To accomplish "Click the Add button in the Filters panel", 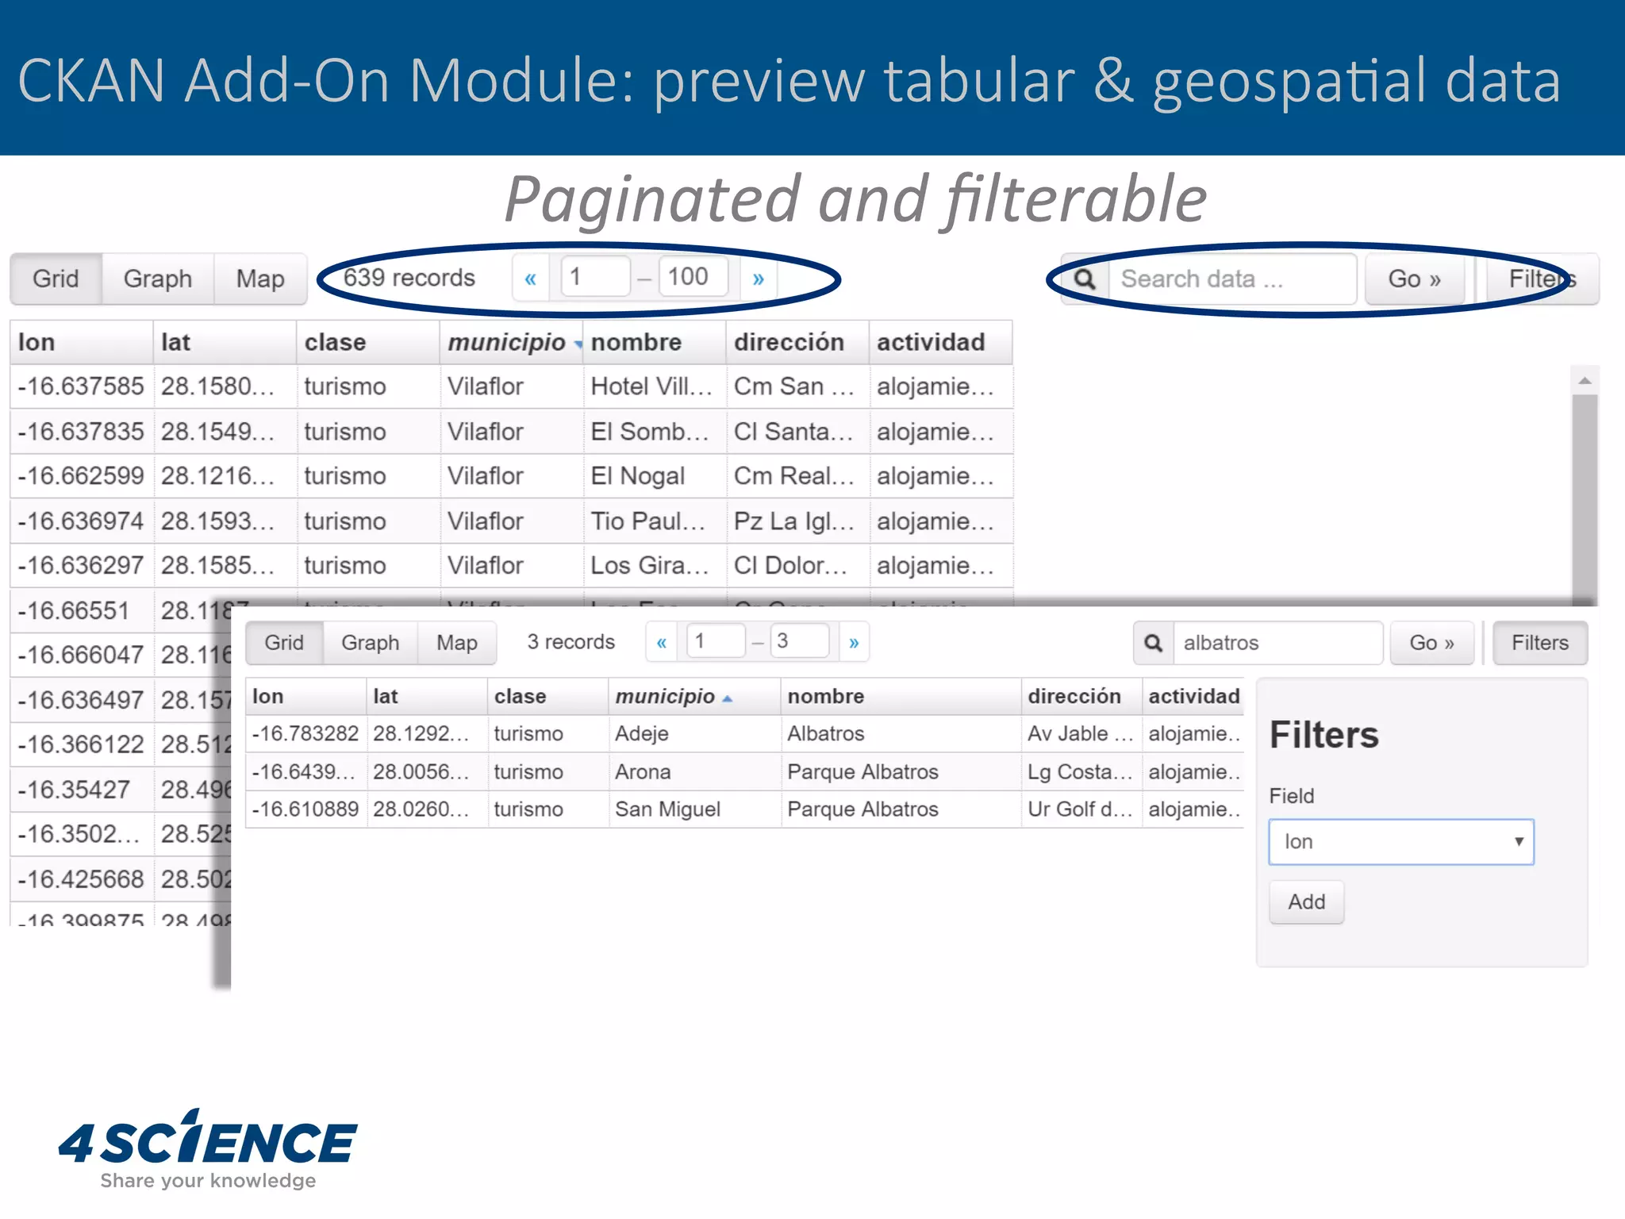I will (1306, 902).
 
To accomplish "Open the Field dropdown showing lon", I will (1400, 842).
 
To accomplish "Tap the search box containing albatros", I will (1277, 643).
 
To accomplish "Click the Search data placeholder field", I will (1231, 279).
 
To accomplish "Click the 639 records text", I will (409, 278).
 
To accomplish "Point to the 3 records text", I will (570, 642).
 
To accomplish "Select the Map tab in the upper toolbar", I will (260, 279).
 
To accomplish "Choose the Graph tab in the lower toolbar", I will (370, 643).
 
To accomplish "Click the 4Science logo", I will (208, 1148).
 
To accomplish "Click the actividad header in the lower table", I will (1193, 697).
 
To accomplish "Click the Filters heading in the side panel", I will (1323, 735).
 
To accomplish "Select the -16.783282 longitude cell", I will (305, 734).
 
